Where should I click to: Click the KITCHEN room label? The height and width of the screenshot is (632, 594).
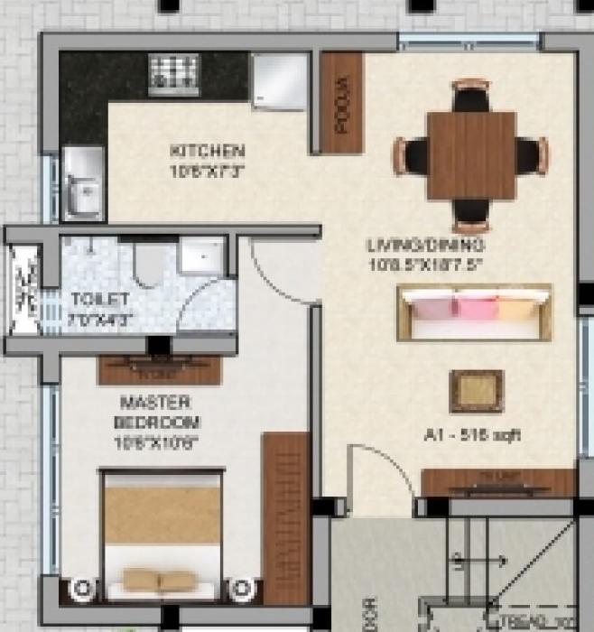[x=208, y=150]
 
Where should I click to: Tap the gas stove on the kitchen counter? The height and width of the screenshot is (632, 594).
[x=172, y=70]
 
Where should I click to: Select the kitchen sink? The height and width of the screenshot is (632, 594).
[x=82, y=191]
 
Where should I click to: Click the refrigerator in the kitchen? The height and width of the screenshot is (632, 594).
[x=280, y=80]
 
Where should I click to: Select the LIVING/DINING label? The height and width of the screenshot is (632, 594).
[x=426, y=245]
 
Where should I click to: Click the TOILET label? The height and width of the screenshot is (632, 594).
[x=100, y=299]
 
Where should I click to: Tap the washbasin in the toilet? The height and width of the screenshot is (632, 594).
[x=200, y=256]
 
